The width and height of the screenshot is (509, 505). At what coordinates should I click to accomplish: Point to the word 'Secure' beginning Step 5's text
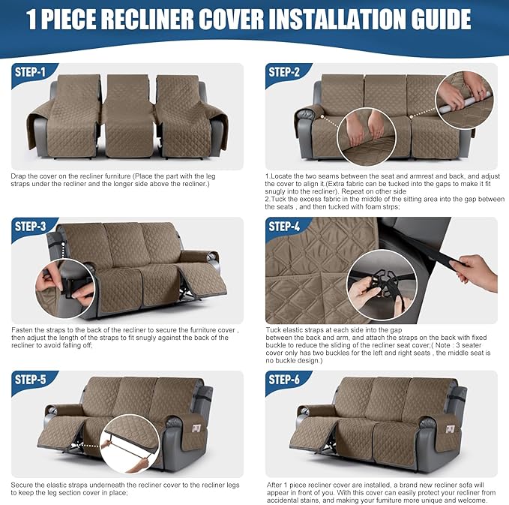(24, 483)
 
